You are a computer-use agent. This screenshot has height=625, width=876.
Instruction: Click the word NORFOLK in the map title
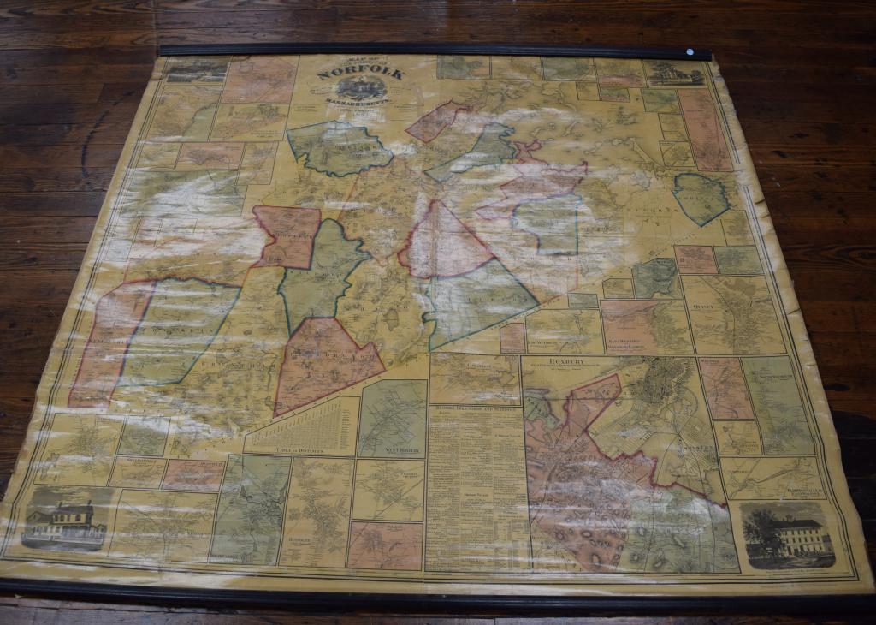click(x=359, y=74)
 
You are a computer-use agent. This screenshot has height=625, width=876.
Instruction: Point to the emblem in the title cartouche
click(x=360, y=88)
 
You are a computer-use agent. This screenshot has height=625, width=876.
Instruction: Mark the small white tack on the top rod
click(x=690, y=52)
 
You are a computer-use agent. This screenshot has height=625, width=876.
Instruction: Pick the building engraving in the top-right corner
click(x=676, y=74)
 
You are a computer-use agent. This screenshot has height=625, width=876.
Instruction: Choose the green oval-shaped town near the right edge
click(x=700, y=199)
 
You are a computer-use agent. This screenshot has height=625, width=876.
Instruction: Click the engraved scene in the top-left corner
click(x=197, y=68)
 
